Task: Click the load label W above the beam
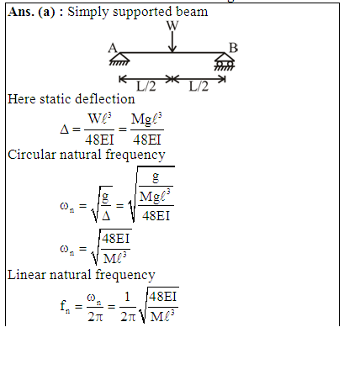(x=172, y=26)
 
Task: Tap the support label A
(x=113, y=48)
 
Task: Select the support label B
(x=233, y=48)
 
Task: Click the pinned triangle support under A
(x=119, y=60)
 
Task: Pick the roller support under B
(x=225, y=61)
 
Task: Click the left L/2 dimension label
(x=146, y=87)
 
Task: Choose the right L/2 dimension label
(x=199, y=87)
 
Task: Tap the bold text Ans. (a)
(x=31, y=12)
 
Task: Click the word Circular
(x=32, y=155)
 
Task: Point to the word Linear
(x=26, y=275)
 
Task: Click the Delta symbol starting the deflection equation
(x=64, y=129)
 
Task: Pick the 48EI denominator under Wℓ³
(x=99, y=140)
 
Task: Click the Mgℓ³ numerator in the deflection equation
(x=146, y=119)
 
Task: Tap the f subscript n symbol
(x=65, y=306)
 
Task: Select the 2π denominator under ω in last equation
(x=95, y=317)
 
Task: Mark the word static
(x=56, y=99)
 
